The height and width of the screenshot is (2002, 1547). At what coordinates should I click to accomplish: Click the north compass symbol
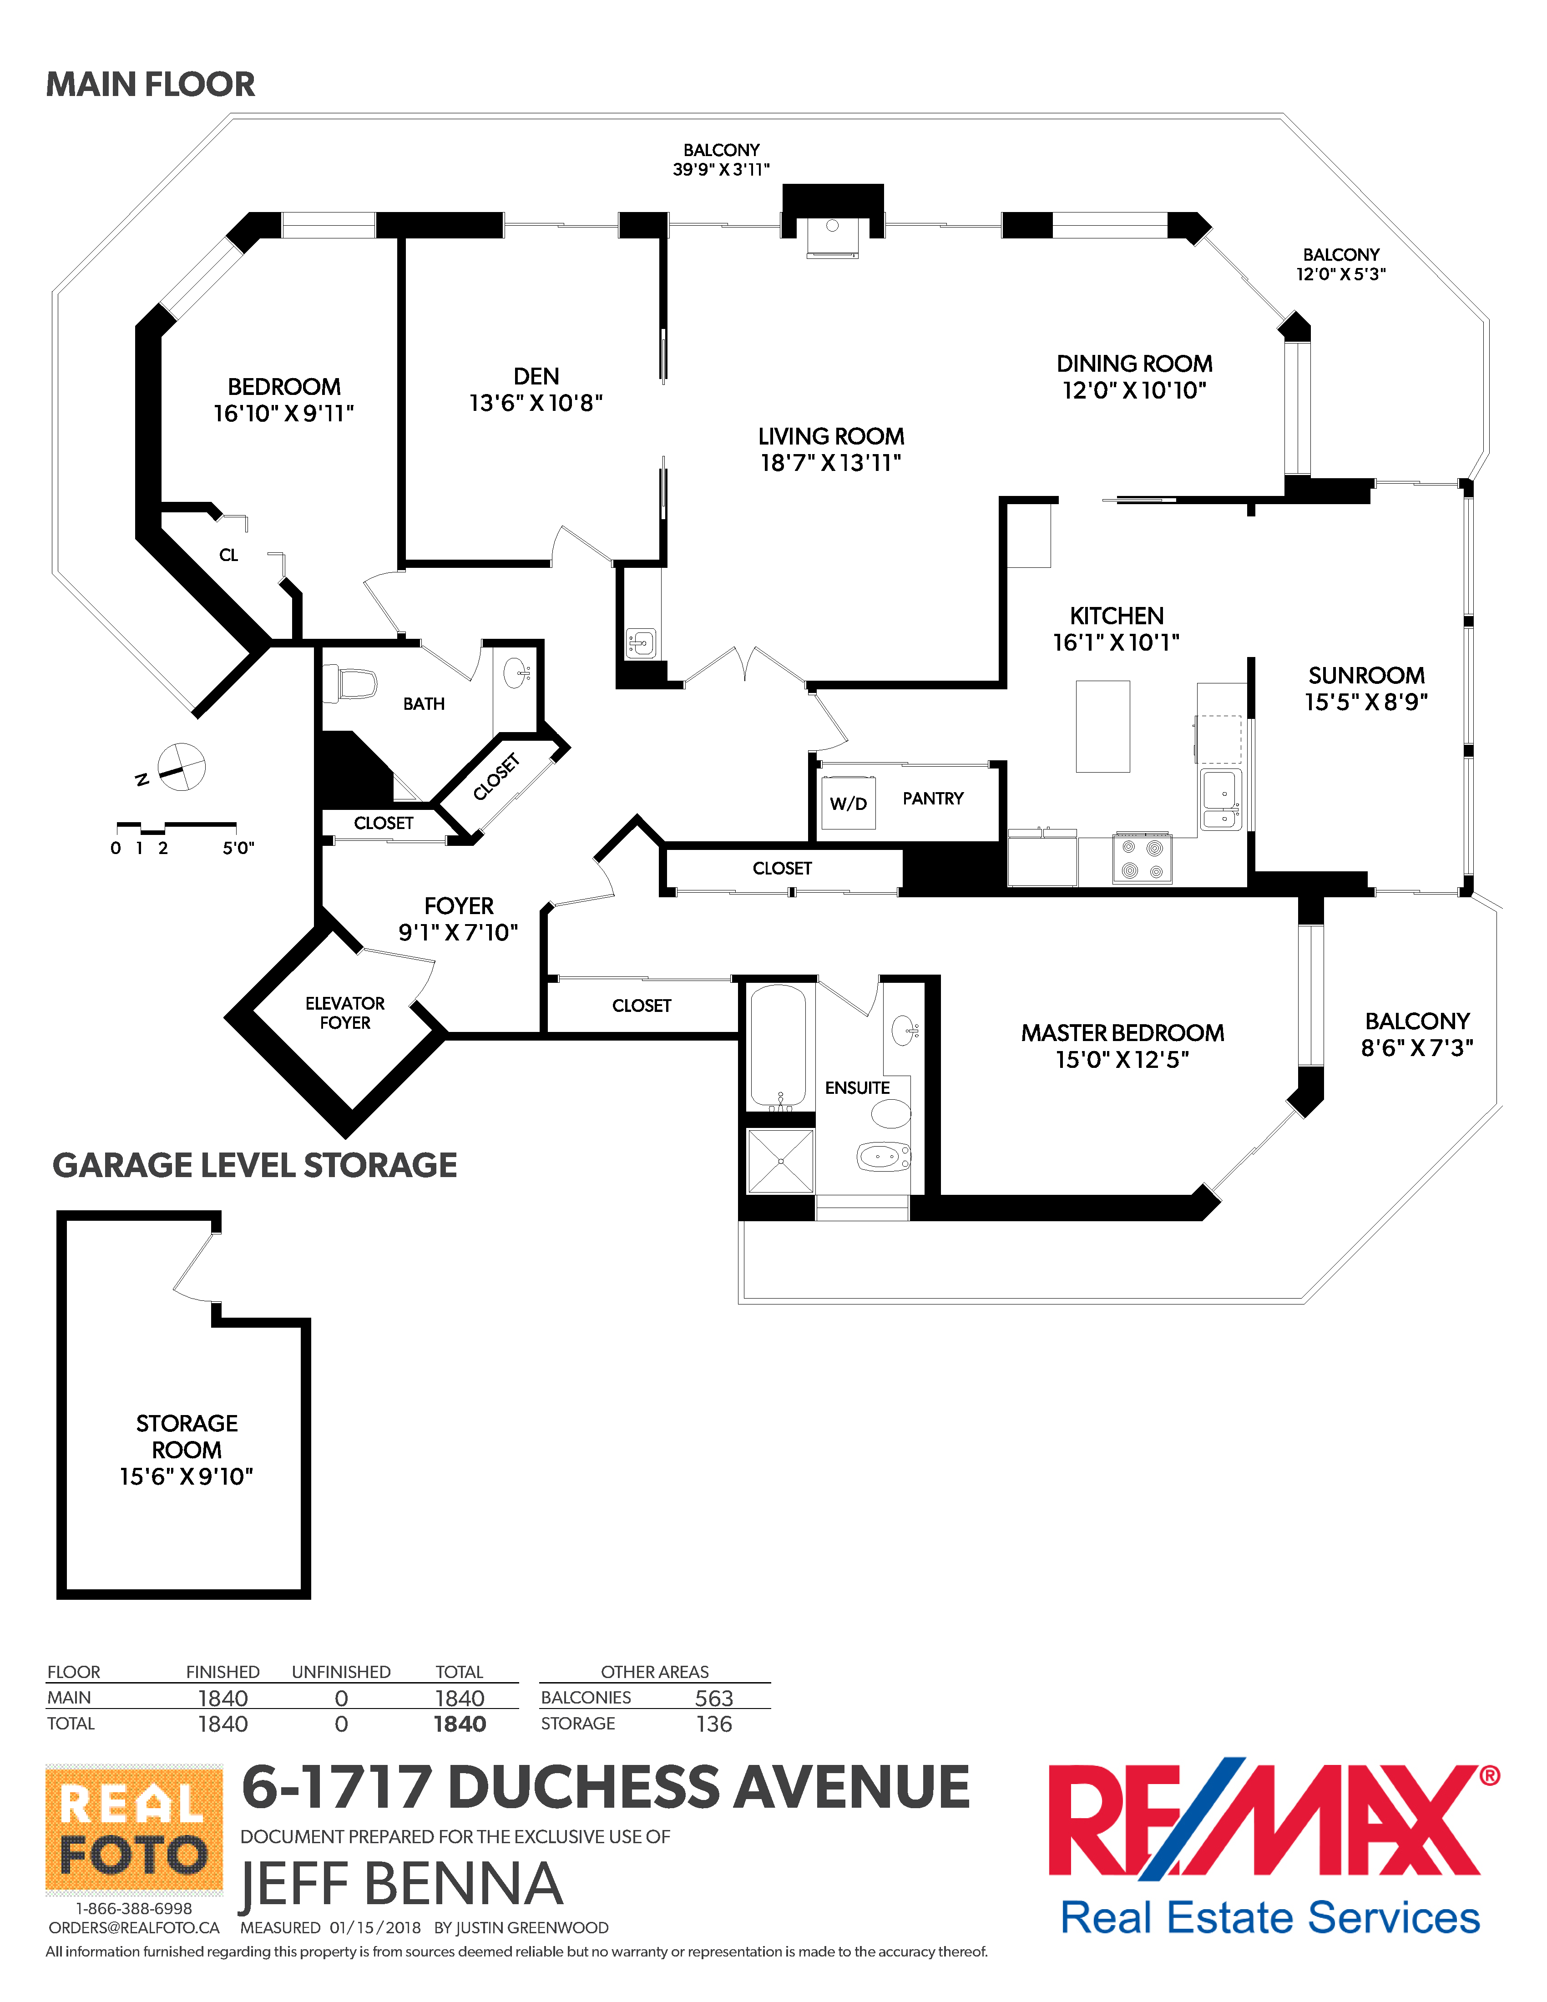pos(181,766)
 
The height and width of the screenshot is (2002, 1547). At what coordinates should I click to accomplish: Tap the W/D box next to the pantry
pos(848,803)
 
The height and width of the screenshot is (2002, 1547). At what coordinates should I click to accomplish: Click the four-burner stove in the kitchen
pos(1142,858)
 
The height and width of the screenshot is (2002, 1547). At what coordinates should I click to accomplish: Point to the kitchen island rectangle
pos(1102,726)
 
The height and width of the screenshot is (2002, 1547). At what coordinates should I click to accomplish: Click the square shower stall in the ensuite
pos(780,1161)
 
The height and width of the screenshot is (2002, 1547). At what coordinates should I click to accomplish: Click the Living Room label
pos(830,436)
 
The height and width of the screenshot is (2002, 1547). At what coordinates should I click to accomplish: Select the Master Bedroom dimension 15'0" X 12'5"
pos(1122,1060)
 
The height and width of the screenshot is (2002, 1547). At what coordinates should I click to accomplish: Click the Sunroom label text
pos(1365,676)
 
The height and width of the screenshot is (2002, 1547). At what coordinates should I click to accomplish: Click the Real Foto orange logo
pos(134,1829)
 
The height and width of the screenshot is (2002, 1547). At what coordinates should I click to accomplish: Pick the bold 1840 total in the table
pos(459,1724)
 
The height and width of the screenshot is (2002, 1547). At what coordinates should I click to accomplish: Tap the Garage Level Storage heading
pos(255,1165)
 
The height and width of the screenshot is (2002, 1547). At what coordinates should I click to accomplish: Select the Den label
pos(536,377)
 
